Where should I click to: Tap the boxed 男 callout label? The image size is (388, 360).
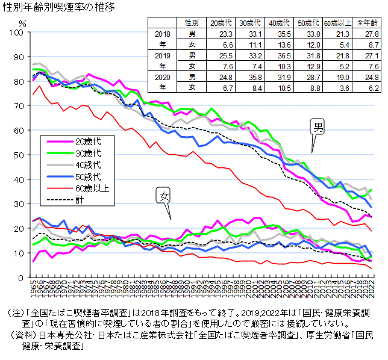(318, 126)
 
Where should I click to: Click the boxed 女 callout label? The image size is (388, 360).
(163, 195)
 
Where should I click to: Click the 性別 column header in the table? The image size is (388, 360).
(192, 22)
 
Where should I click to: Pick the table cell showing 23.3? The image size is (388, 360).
(218, 34)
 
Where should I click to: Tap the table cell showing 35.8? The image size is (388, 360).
(249, 77)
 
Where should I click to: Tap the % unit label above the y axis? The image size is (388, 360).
(22, 23)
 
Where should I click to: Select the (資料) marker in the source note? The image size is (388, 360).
(21, 335)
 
